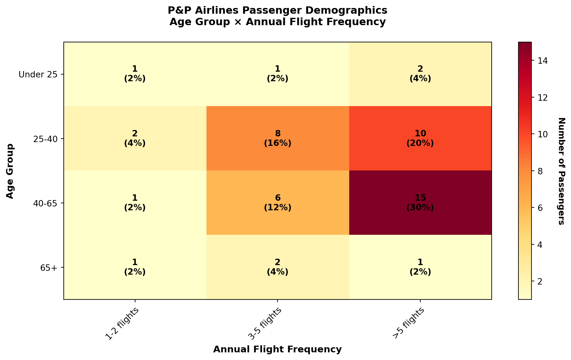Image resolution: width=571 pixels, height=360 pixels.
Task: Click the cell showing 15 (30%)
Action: tap(420, 203)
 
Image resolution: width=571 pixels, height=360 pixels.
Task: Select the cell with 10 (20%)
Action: tap(420, 138)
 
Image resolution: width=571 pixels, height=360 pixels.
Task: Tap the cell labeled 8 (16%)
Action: tap(278, 138)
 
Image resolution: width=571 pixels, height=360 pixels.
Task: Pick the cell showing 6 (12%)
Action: tap(278, 203)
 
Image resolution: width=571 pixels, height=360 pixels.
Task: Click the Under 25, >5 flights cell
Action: tap(420, 74)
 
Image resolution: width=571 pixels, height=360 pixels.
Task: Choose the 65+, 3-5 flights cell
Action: tap(278, 267)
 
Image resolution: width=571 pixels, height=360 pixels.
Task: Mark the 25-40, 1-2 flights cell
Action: tap(135, 138)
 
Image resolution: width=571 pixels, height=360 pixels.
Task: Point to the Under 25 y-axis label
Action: tap(38, 75)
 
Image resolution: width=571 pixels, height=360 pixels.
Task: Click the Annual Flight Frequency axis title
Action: tap(277, 349)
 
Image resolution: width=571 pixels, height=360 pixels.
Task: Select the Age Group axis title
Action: tap(10, 171)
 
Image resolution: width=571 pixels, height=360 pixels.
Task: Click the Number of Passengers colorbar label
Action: tap(561, 171)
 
